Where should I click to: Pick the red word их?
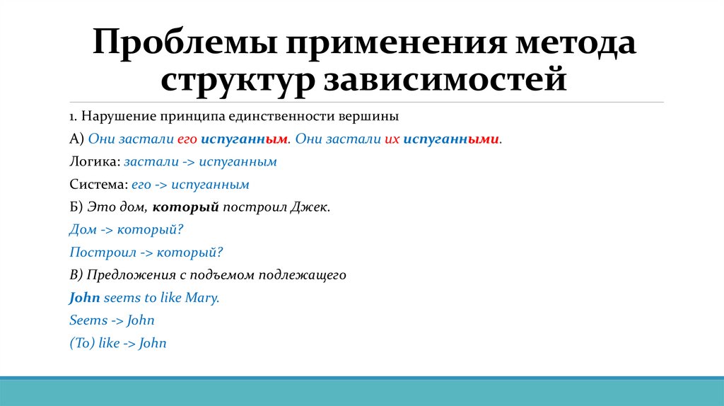[392, 139]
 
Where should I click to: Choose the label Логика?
[95, 162]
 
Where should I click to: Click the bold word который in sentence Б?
[185, 207]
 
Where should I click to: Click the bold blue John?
[85, 298]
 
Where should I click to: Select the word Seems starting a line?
[88, 320]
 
